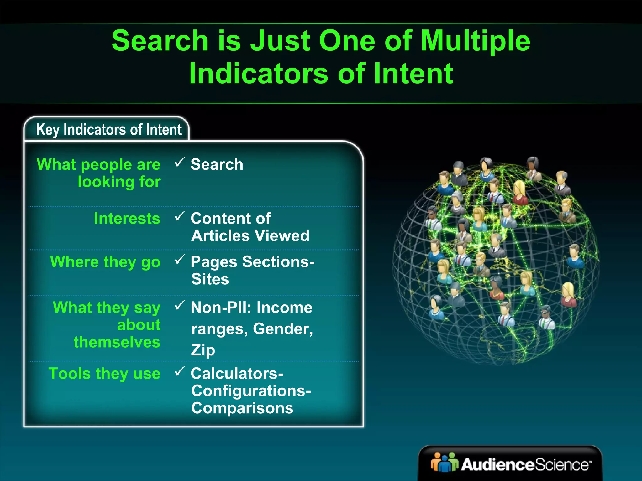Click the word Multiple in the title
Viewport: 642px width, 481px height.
click(x=475, y=41)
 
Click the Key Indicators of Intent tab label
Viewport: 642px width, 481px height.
click(x=108, y=130)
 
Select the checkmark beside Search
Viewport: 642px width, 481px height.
click(x=180, y=162)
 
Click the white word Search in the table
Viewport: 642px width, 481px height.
click(x=217, y=164)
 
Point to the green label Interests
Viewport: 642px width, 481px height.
click(x=127, y=218)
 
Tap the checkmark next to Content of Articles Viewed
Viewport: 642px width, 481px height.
click(x=180, y=216)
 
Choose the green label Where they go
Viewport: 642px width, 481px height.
click(x=105, y=262)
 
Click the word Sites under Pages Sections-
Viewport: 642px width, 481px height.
click(x=210, y=279)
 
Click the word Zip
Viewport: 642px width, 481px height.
click(x=203, y=350)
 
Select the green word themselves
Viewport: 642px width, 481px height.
click(x=117, y=342)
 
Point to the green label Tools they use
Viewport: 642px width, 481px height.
click(x=104, y=374)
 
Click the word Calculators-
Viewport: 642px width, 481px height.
click(x=237, y=374)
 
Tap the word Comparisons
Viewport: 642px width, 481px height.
click(x=242, y=408)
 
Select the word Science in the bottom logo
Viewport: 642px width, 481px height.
click(x=561, y=465)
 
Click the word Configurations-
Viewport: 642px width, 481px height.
click(x=251, y=391)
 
